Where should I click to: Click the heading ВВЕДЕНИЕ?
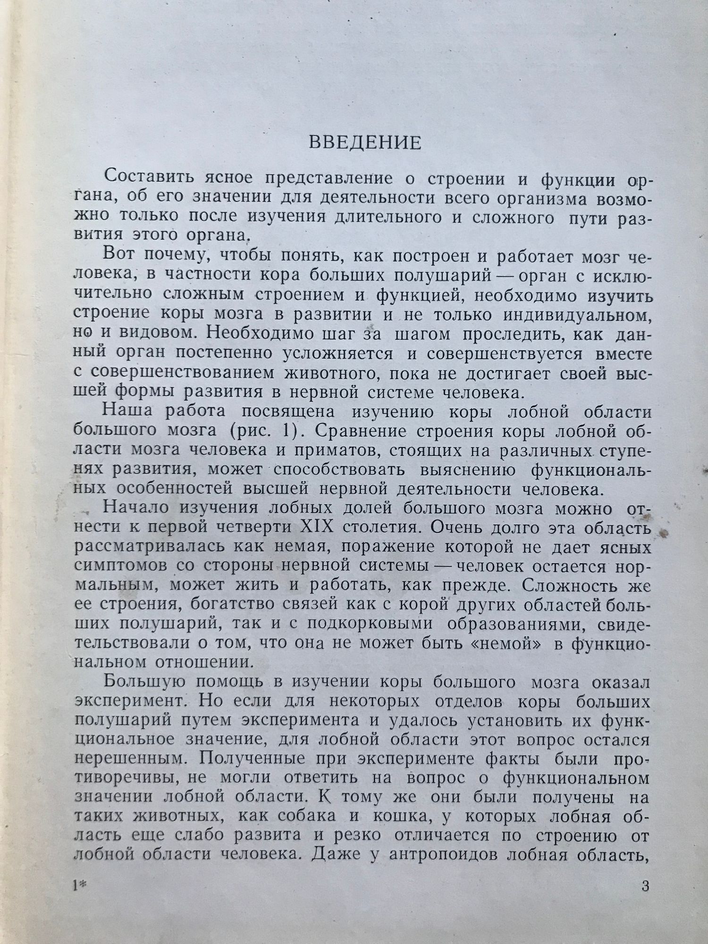click(x=364, y=143)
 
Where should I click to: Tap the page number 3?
click(x=645, y=886)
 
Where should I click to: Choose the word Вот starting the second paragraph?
click(x=118, y=256)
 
